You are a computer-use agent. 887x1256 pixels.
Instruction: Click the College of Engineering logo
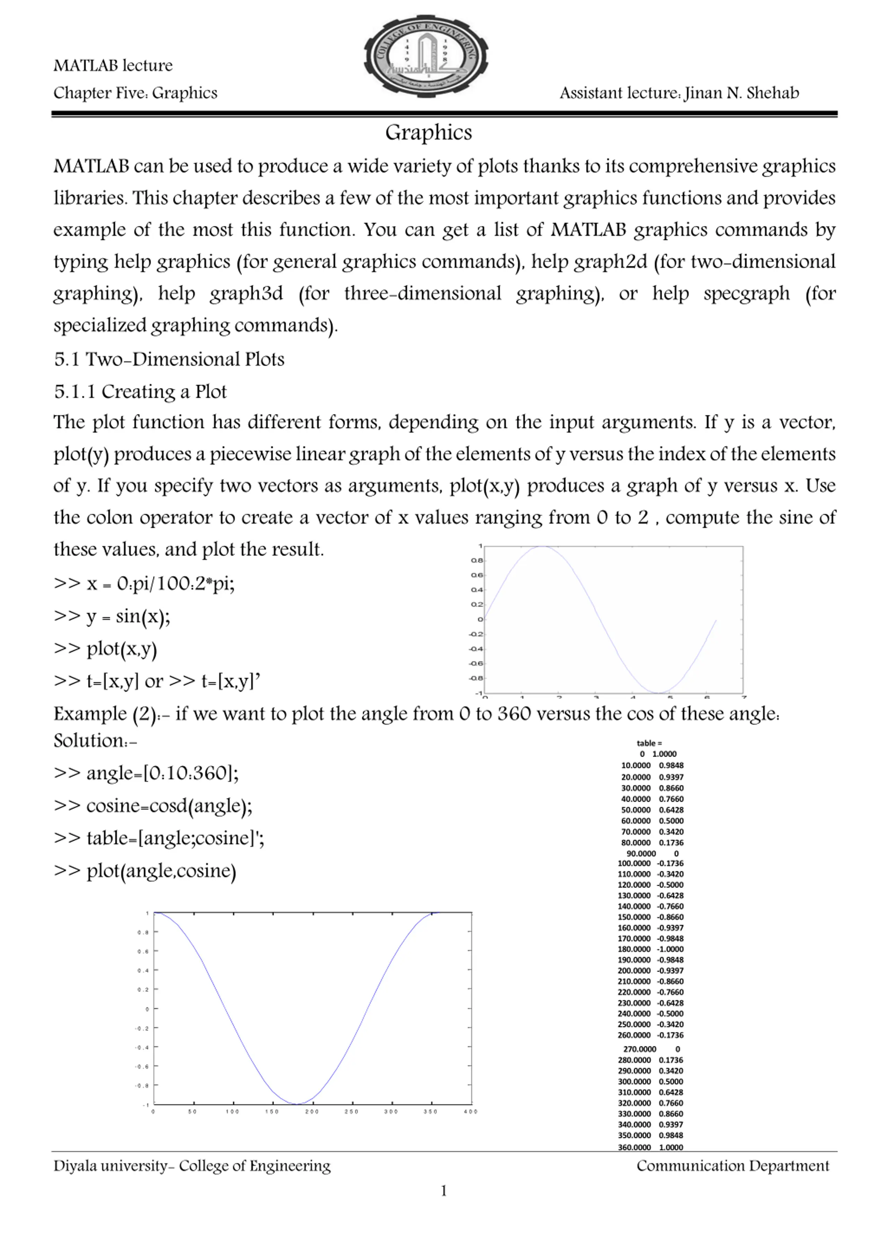tap(426, 57)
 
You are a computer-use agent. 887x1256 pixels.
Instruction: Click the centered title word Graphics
tap(428, 132)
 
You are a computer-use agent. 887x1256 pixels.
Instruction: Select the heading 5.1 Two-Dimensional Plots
tap(169, 360)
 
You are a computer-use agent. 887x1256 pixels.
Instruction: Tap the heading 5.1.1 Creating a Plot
tap(140, 392)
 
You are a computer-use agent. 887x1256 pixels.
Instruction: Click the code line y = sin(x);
tap(112, 616)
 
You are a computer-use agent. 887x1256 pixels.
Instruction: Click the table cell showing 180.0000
tap(634, 949)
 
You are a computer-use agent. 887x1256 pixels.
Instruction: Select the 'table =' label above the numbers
tap(649, 743)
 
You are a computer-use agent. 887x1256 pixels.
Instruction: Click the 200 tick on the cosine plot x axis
tap(312, 1111)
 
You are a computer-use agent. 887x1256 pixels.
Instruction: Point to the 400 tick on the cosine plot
tap(470, 1111)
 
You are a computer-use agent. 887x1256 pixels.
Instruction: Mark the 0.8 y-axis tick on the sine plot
tap(477, 561)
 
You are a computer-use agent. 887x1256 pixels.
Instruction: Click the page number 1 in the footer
tap(443, 1191)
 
